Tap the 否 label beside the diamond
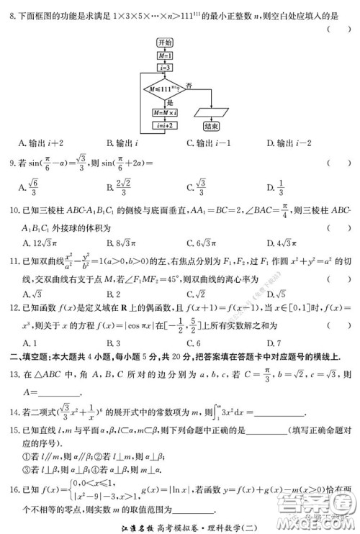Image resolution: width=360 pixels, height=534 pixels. click(189, 84)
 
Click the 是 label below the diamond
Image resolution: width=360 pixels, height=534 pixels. click(171, 103)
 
